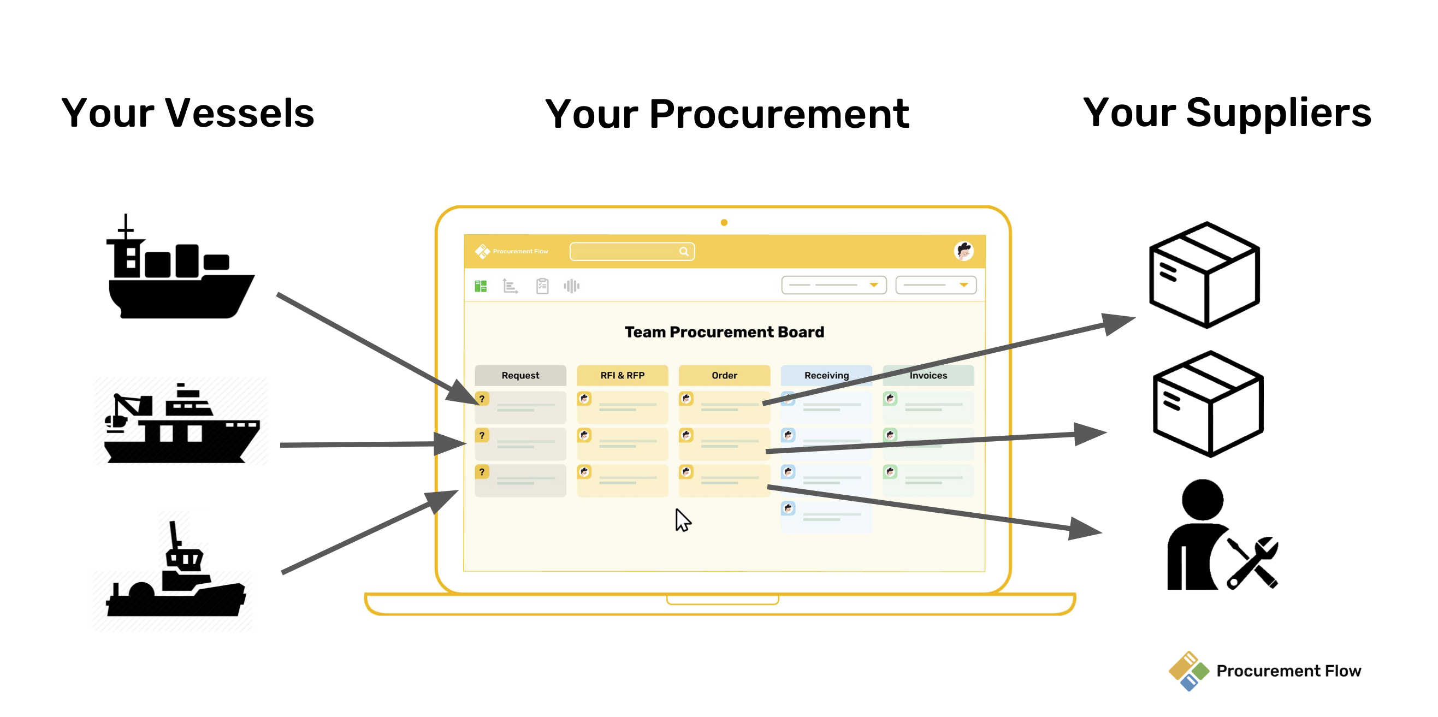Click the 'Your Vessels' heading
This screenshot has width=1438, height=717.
click(187, 112)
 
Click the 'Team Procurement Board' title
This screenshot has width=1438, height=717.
click(724, 332)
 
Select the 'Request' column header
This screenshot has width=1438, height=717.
click(520, 376)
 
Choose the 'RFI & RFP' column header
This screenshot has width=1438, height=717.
click(623, 376)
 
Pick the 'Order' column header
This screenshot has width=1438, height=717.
click(725, 376)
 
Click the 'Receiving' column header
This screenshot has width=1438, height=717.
click(826, 376)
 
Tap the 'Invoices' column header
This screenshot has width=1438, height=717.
click(928, 376)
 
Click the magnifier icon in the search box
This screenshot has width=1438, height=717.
click(684, 252)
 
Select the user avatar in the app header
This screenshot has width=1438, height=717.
click(964, 251)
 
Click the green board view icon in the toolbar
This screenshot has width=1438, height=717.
click(481, 286)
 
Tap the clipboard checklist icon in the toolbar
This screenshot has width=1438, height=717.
click(542, 286)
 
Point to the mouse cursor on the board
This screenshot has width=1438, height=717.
click(682, 520)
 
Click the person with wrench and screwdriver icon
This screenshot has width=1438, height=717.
click(1221, 535)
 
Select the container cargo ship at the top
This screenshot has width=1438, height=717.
click(180, 267)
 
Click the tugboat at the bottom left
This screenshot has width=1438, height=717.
click(175, 570)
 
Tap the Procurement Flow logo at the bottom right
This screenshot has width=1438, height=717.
click(1265, 671)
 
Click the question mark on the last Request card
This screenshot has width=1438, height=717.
click(482, 472)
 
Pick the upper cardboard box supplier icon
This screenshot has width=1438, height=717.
click(1205, 275)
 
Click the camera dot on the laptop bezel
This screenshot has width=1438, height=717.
click(724, 223)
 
